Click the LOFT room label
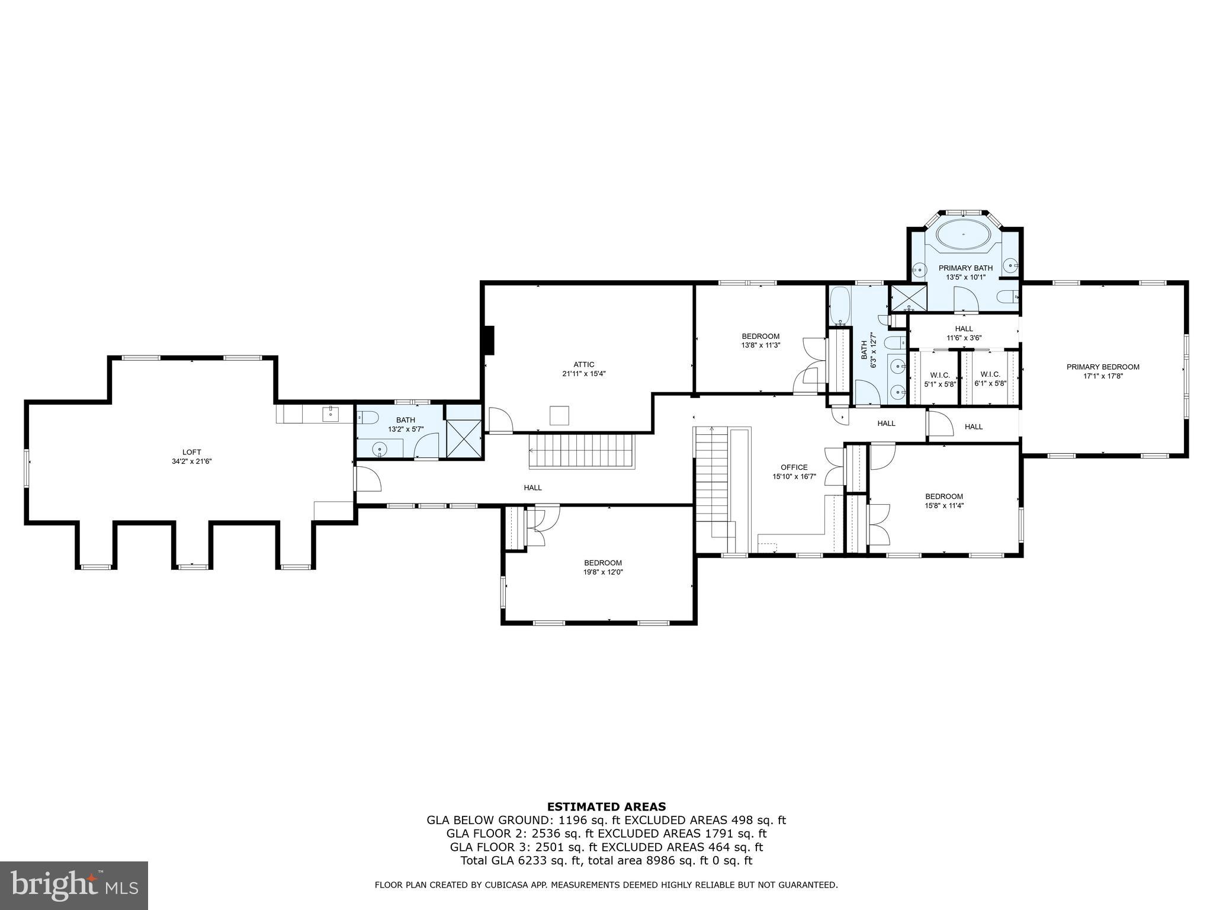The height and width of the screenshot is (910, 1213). [x=191, y=452]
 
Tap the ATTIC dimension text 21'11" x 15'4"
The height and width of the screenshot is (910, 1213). [x=583, y=374]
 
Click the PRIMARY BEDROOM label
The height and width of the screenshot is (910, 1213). [x=1103, y=367]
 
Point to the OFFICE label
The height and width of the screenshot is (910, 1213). [x=794, y=467]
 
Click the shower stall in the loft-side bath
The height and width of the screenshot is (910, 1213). [x=464, y=438]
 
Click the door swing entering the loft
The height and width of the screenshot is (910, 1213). [x=368, y=479]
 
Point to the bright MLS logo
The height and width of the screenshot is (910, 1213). [x=74, y=885]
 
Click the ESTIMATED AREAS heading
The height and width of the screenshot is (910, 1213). [x=606, y=806]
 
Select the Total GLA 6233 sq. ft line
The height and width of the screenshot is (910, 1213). [x=606, y=861]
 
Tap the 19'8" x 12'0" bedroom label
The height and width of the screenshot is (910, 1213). [x=603, y=568]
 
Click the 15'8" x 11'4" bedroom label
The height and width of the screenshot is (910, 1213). [x=944, y=501]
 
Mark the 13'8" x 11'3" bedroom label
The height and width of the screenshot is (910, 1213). [x=760, y=341]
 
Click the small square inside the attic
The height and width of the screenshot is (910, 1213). [x=559, y=415]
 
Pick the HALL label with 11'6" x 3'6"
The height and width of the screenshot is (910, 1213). [x=964, y=334]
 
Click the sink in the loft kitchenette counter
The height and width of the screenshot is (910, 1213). [x=330, y=414]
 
